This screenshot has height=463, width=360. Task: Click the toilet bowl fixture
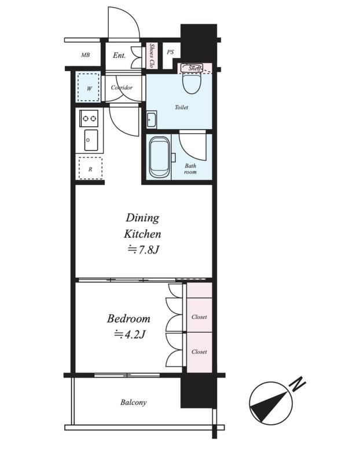[192, 80]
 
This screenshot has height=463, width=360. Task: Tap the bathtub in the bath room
[159, 157]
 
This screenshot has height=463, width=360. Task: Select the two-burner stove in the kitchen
[89, 119]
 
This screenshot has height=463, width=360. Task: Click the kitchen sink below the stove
[91, 140]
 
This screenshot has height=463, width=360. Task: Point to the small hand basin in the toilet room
[152, 119]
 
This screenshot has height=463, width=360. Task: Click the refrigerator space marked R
[90, 169]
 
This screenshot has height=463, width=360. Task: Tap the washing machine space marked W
[88, 88]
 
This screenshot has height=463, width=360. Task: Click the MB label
[85, 55]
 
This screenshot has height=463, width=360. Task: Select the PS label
[170, 52]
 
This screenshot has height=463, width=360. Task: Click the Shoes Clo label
[152, 56]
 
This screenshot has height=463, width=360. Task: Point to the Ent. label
[119, 55]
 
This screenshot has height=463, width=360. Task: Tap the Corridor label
[122, 87]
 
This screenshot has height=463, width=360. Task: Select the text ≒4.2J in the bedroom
[130, 335]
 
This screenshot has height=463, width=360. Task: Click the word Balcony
[133, 402]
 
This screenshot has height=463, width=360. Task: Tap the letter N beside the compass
[297, 384]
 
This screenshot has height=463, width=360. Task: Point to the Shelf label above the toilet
[195, 68]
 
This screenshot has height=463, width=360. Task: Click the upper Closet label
[199, 317]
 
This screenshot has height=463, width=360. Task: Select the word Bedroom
[128, 318]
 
